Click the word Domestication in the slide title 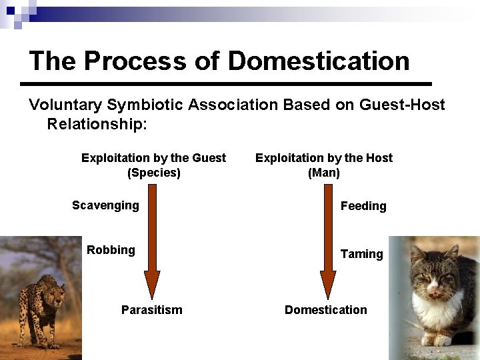[x=319, y=61]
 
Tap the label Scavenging [x=105, y=205]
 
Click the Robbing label [x=111, y=250]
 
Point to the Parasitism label [x=151, y=310]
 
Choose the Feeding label [x=363, y=206]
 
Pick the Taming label [x=361, y=254]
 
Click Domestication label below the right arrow [x=325, y=310]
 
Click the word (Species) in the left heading [x=153, y=173]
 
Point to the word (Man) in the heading [x=324, y=173]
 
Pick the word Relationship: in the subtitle [x=97, y=124]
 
